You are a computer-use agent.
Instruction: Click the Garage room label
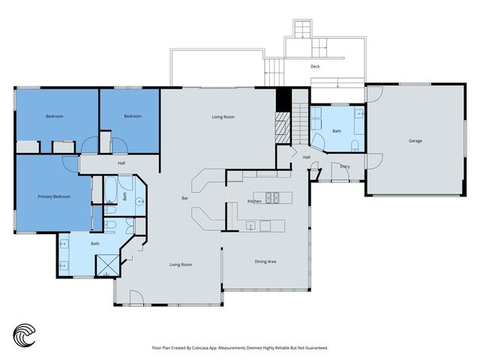pos(415,141)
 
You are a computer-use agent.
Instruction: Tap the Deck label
pos(315,67)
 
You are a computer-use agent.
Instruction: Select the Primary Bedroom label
pos(54,196)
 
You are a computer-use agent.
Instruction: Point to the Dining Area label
pos(265,262)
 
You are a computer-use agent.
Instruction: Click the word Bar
pos(185,198)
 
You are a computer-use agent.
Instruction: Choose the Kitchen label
pos(254,201)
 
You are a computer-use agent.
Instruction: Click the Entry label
pos(345,166)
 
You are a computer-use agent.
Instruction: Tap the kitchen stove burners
pos(272,198)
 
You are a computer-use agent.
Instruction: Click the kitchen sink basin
pos(250,226)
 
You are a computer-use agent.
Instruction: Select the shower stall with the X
pos(107,265)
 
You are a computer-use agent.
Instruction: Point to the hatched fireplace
pos(282,127)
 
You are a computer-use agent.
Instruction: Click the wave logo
pos(24,335)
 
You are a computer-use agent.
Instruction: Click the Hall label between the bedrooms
pos(121,163)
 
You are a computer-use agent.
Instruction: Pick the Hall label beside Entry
pos(307,157)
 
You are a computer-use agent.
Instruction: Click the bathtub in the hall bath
pos(110,190)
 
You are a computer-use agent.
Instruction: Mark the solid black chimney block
pos(283,100)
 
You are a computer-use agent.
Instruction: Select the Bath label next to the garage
pos(337,131)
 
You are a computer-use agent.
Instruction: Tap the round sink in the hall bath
pos(140,202)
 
